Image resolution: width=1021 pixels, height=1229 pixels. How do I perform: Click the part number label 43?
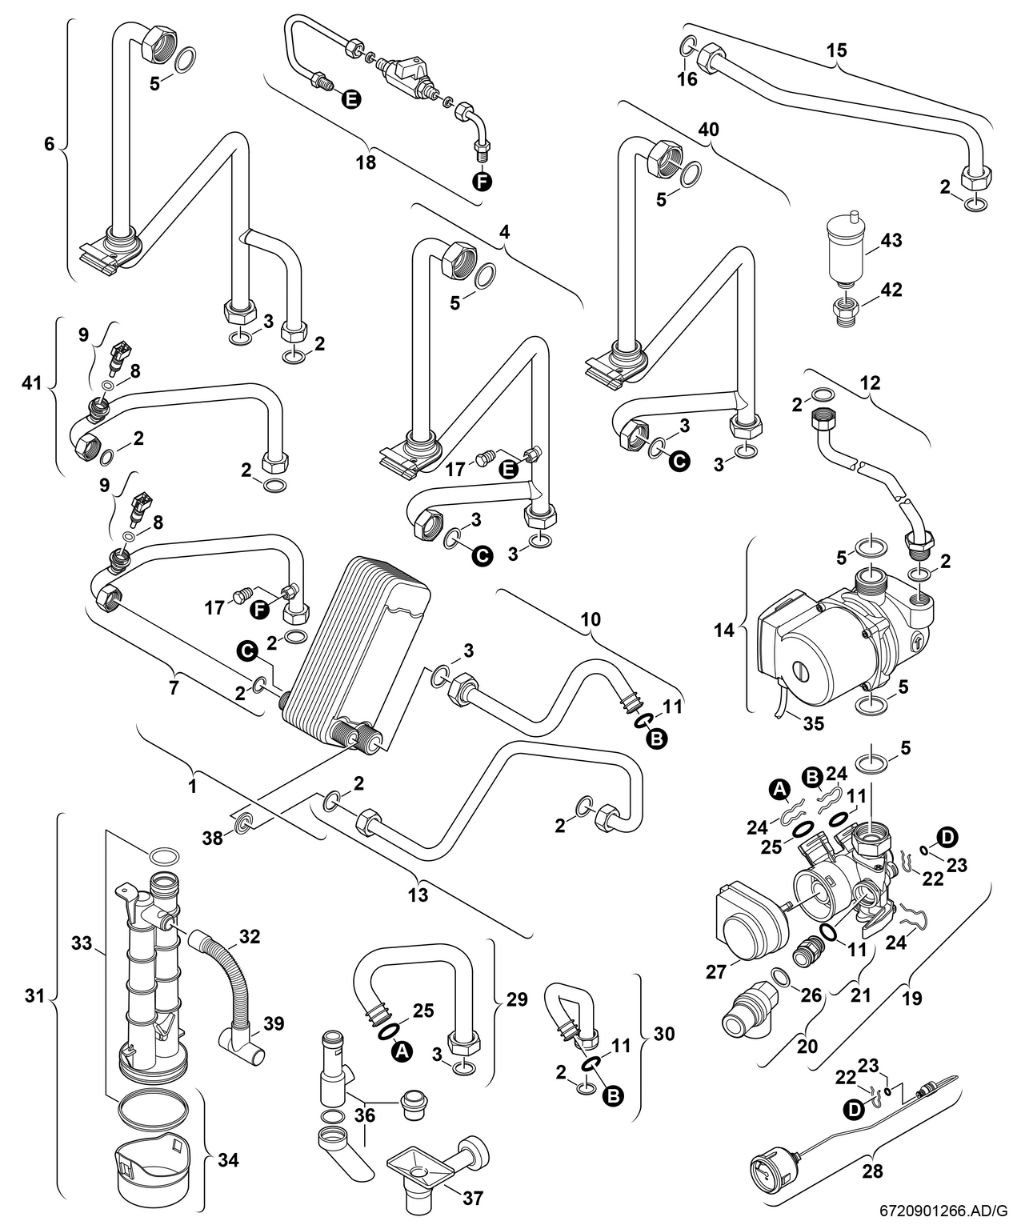point(891,240)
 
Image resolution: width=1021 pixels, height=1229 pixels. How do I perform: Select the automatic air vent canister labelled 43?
point(846,247)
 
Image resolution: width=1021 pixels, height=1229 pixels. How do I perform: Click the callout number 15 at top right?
point(836,50)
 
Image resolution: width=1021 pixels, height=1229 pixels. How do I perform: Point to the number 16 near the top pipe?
point(687,78)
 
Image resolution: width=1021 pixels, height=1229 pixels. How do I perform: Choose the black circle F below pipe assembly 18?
point(482,182)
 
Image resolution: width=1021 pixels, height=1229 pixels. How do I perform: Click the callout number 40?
point(708,129)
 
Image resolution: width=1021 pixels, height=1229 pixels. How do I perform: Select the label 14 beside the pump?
point(724,630)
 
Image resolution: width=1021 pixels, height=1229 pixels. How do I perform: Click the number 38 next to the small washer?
point(213,838)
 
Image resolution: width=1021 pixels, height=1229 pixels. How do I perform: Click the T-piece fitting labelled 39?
point(240,1049)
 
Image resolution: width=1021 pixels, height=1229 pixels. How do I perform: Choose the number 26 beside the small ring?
point(811,995)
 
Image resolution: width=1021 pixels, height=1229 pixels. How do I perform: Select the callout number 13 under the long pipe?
point(418,895)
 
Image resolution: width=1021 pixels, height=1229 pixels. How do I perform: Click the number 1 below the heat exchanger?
point(193,787)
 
